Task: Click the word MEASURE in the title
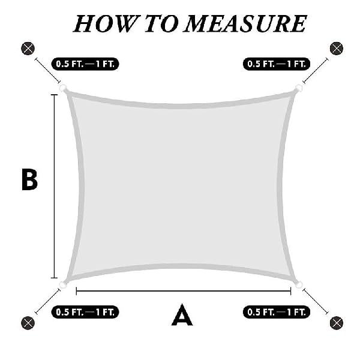click(x=245, y=23)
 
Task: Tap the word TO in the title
click(x=162, y=23)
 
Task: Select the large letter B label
click(x=29, y=179)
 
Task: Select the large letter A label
click(x=182, y=314)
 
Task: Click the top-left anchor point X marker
click(x=28, y=49)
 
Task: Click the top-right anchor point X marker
click(x=337, y=49)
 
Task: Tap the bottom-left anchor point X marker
click(x=28, y=323)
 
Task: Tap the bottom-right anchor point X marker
click(x=337, y=323)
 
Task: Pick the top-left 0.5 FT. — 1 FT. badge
click(x=85, y=64)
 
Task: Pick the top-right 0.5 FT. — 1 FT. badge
click(x=277, y=64)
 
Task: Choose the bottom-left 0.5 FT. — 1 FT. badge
click(x=85, y=312)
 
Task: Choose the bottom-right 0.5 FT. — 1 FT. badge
click(x=277, y=312)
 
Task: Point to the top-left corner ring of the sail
click(x=63, y=88)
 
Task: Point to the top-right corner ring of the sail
click(x=299, y=88)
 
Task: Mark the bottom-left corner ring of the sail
click(x=62, y=284)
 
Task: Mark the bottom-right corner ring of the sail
click(x=299, y=284)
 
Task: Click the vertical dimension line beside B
click(x=55, y=186)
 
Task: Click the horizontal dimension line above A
click(x=184, y=291)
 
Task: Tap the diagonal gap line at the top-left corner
click(x=47, y=70)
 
